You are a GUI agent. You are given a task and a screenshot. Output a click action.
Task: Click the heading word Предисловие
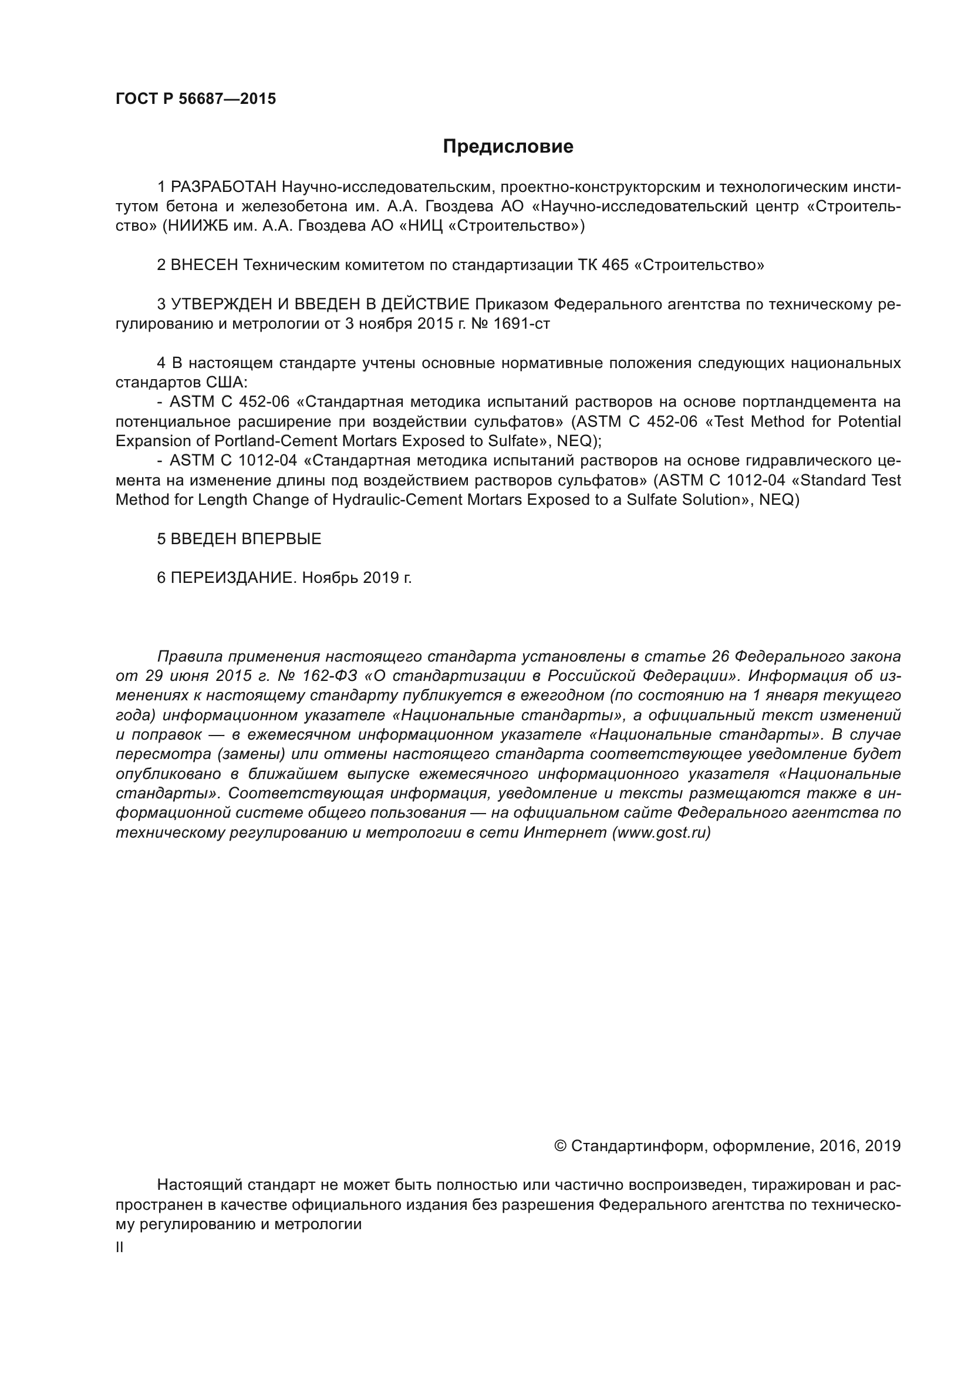coord(508,147)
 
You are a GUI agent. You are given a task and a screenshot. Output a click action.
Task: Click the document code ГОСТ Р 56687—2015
coord(195,99)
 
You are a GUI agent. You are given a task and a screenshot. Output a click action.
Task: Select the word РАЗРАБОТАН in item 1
coord(223,187)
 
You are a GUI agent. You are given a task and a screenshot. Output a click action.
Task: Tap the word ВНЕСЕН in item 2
coord(204,265)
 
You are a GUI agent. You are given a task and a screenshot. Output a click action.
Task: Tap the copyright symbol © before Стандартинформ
coord(560,1146)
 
